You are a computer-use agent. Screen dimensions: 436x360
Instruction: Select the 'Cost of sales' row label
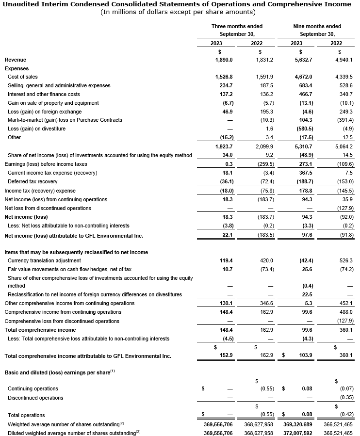pos(23,77)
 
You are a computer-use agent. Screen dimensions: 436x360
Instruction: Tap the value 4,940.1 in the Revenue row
pos(343,60)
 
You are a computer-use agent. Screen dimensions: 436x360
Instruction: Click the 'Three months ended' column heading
pos(237,26)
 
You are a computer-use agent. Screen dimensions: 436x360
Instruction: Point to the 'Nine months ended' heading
pos(317,26)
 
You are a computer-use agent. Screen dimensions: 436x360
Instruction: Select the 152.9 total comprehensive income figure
pos(225,356)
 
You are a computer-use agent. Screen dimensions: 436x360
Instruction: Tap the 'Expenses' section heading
pos(16,69)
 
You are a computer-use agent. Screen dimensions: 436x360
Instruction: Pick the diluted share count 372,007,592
pos(298,433)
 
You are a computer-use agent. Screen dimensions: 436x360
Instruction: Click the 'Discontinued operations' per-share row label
pos(35,398)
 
